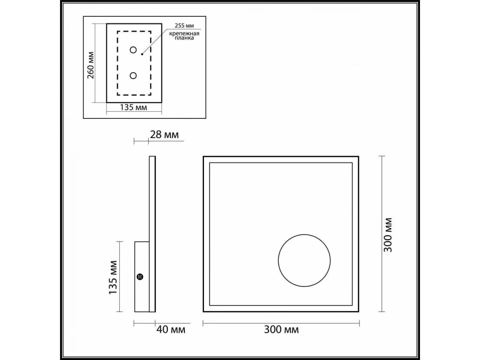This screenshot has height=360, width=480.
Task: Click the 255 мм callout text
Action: [x=184, y=26]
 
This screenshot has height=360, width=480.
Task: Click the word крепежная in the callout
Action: [x=184, y=34]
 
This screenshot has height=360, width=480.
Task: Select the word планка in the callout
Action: [x=184, y=38]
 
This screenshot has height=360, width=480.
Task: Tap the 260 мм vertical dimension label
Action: [x=90, y=65]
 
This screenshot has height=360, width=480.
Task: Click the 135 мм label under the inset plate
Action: [x=133, y=107]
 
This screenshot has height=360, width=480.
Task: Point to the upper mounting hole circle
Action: [x=133, y=50]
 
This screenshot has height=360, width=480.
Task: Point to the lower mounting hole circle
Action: [x=133, y=76]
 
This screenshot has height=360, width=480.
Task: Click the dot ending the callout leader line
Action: [x=142, y=54]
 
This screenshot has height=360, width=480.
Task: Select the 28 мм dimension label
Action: [x=164, y=135]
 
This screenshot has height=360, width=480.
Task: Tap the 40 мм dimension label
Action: [x=171, y=329]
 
